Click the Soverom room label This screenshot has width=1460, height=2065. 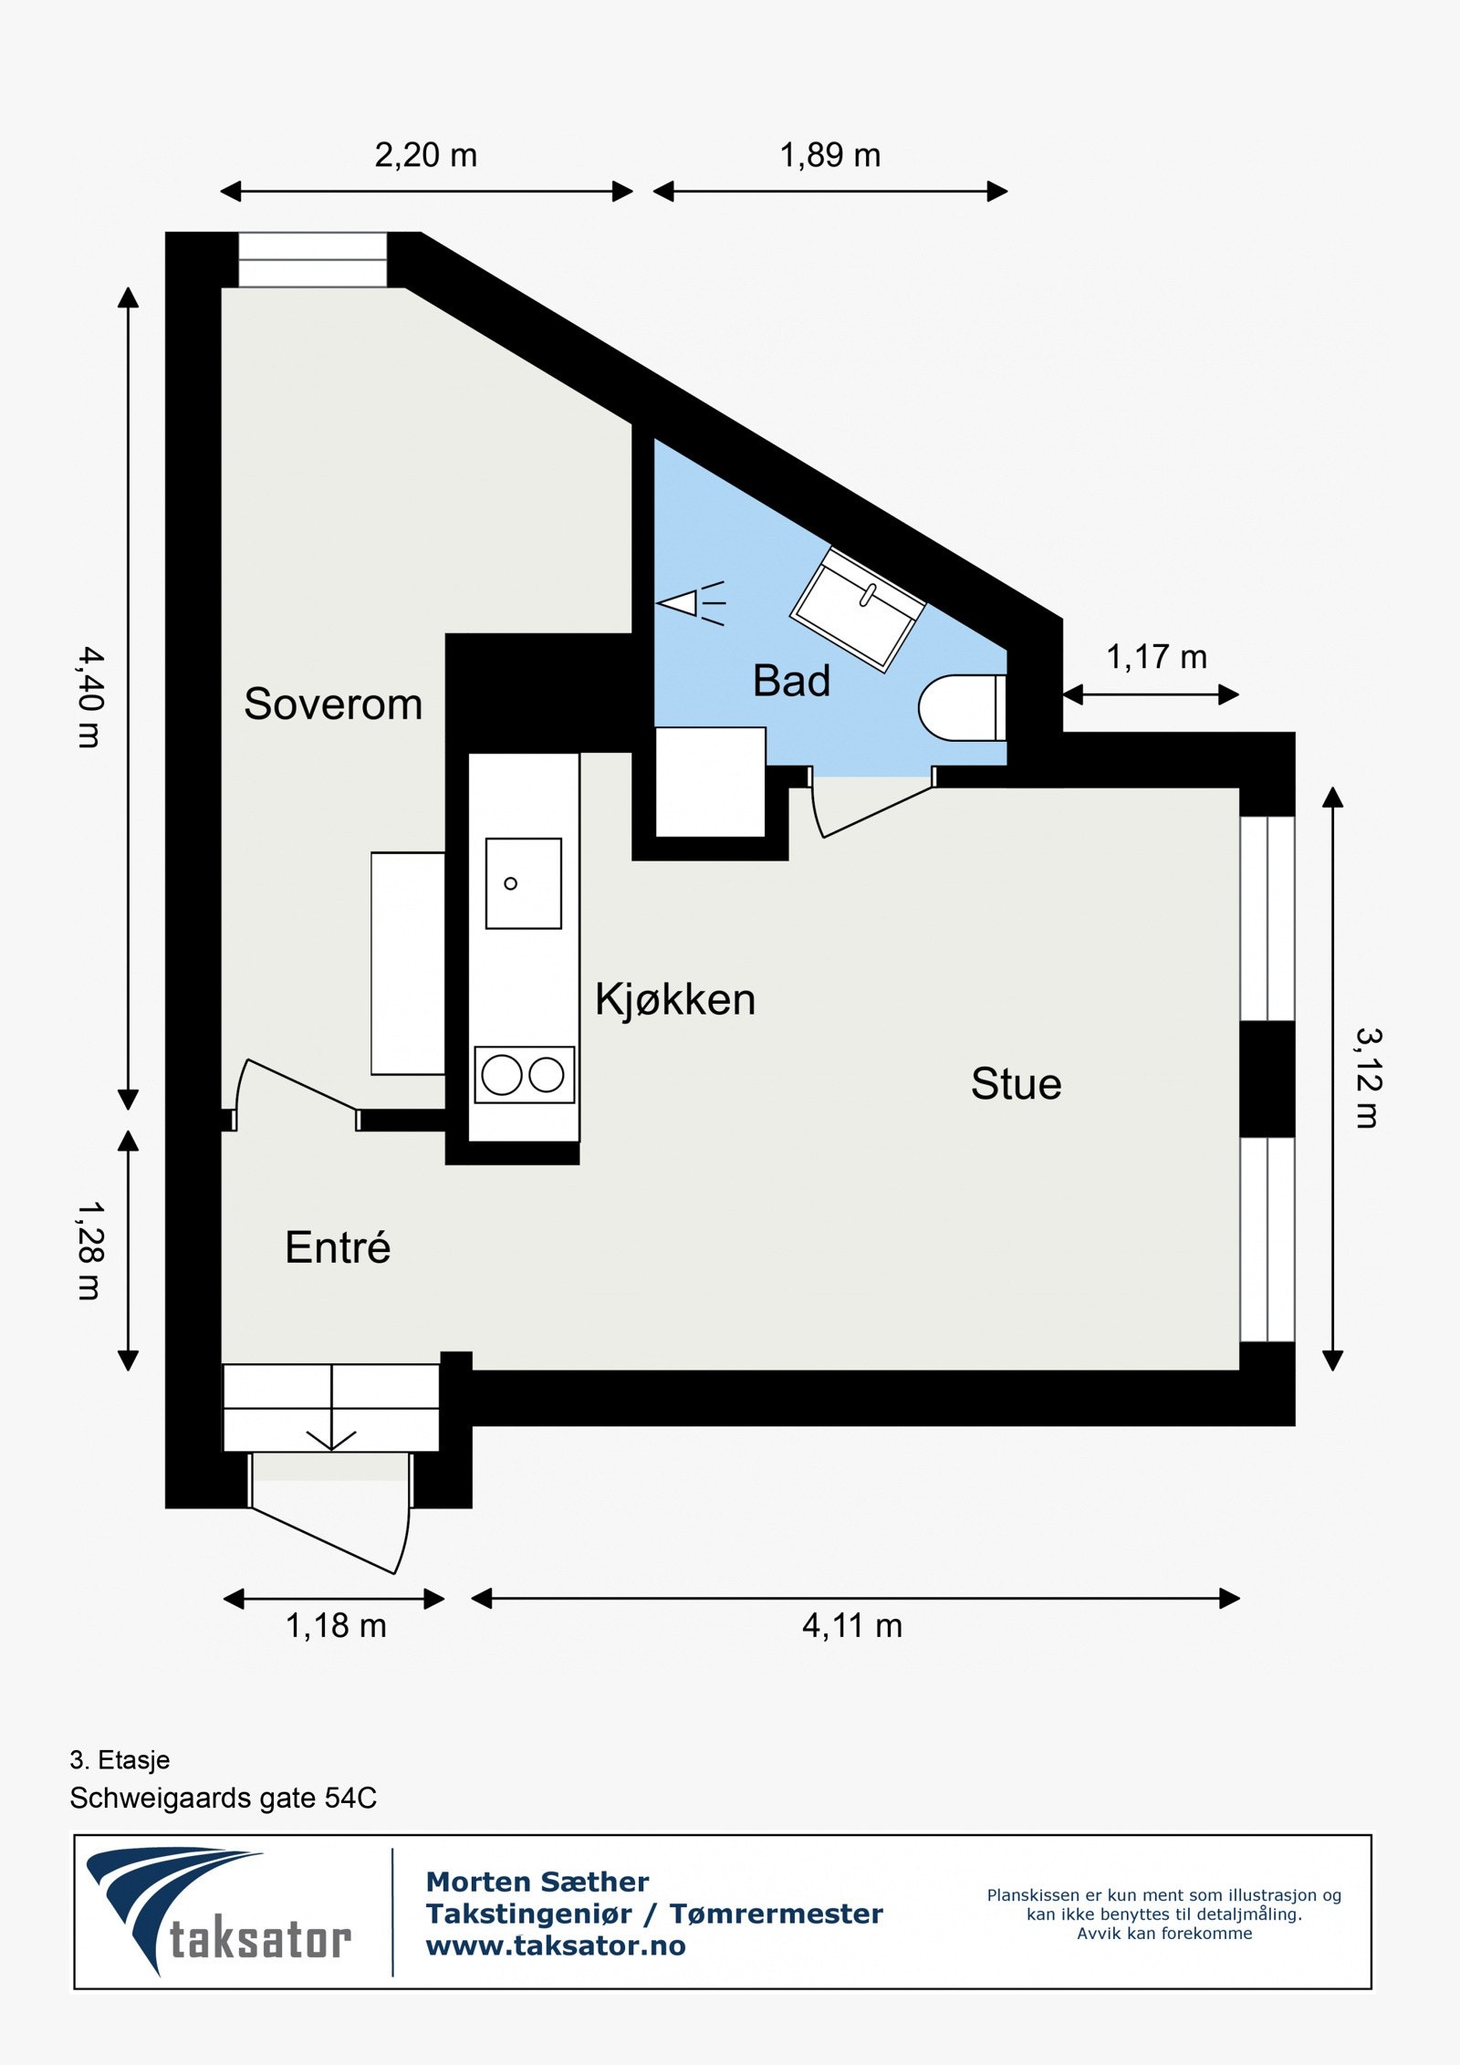[x=333, y=704]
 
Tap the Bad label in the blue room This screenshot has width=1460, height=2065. [x=791, y=681]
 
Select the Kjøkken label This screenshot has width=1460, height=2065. [x=675, y=999]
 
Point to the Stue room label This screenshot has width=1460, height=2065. [x=1016, y=1084]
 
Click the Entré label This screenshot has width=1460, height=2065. [x=338, y=1247]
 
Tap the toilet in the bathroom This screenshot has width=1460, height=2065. [x=962, y=707]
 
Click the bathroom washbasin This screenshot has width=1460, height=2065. [x=858, y=609]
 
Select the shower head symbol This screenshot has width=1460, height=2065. [x=691, y=603]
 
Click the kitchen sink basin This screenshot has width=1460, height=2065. [x=523, y=883]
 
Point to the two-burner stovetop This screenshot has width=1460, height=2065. [x=525, y=1075]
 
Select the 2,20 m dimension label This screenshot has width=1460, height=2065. [x=426, y=155]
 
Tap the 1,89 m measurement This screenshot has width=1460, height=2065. [x=829, y=155]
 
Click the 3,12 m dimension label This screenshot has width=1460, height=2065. [x=1368, y=1078]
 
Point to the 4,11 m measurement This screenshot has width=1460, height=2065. [x=851, y=1625]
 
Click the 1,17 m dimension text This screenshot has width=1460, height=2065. [x=1156, y=657]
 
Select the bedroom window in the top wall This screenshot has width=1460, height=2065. [x=313, y=260]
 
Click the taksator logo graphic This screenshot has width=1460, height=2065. [x=219, y=1912]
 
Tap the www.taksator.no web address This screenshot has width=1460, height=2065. [x=556, y=1945]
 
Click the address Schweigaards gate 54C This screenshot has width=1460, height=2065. [x=223, y=1798]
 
